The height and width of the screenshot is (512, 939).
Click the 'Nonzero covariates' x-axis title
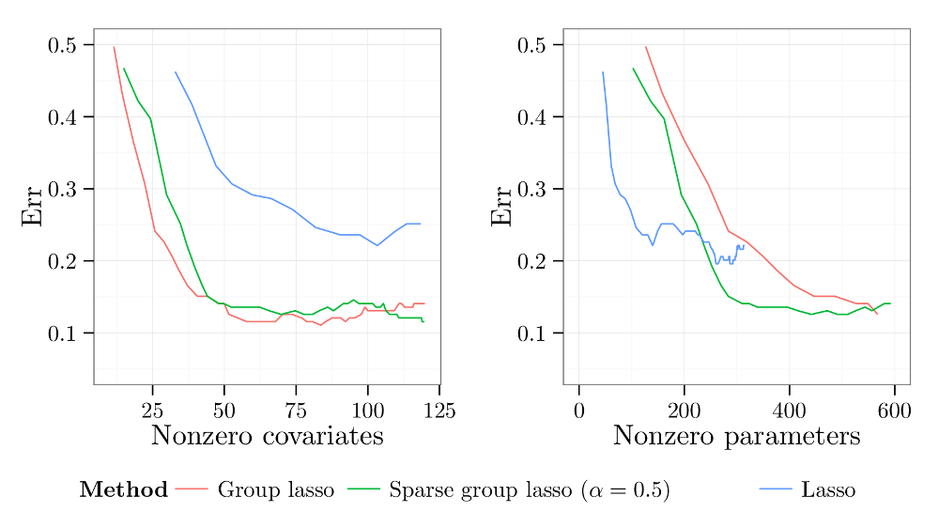(x=267, y=436)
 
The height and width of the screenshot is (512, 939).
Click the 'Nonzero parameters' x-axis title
(x=736, y=436)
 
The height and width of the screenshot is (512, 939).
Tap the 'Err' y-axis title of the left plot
(x=32, y=206)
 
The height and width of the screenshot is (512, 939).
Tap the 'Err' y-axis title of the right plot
(x=501, y=206)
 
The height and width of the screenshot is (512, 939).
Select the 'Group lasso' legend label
(x=275, y=489)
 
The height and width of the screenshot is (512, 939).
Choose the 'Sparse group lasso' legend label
(x=529, y=489)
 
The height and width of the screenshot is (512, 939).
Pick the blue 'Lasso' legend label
(x=828, y=489)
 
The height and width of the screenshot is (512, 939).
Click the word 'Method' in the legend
(x=124, y=489)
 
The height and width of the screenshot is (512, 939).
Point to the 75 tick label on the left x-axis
(x=296, y=410)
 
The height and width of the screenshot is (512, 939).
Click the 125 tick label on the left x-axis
(x=439, y=410)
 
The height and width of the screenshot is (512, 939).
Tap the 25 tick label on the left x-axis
(x=152, y=410)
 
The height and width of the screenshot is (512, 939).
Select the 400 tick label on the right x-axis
(x=789, y=410)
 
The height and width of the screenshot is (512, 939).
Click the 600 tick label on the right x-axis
(x=894, y=410)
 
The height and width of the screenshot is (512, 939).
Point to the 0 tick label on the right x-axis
(x=578, y=410)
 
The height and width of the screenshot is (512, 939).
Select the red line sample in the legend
(x=192, y=489)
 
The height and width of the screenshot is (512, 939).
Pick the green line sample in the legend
(x=363, y=489)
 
